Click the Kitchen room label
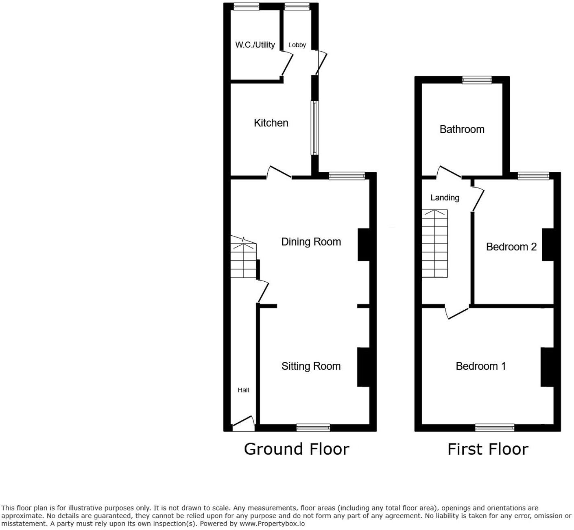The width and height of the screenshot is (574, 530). click(x=271, y=123)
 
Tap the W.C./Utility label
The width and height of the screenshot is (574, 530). click(x=255, y=45)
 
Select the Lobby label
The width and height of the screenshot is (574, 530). click(x=297, y=45)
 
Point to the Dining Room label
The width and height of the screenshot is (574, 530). click(x=311, y=242)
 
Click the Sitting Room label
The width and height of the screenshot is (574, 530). click(x=311, y=366)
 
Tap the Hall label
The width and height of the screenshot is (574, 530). click(x=243, y=390)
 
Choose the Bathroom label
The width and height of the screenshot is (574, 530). click(x=462, y=129)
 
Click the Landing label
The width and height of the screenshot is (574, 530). click(x=445, y=198)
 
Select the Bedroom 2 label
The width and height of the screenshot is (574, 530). click(x=511, y=247)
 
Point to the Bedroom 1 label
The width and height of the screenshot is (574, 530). click(x=480, y=366)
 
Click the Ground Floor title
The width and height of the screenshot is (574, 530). click(x=297, y=449)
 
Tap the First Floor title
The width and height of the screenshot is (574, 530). click(x=488, y=449)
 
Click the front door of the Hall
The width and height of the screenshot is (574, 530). click(x=243, y=424)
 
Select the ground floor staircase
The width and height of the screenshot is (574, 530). click(x=243, y=261)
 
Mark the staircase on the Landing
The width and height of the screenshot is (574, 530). click(x=434, y=244)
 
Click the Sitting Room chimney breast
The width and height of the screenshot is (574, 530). click(x=363, y=367)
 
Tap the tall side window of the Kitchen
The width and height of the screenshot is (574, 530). click(x=315, y=128)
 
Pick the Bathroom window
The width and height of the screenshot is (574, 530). click(x=477, y=80)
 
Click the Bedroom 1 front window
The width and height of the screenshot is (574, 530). click(x=495, y=427)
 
